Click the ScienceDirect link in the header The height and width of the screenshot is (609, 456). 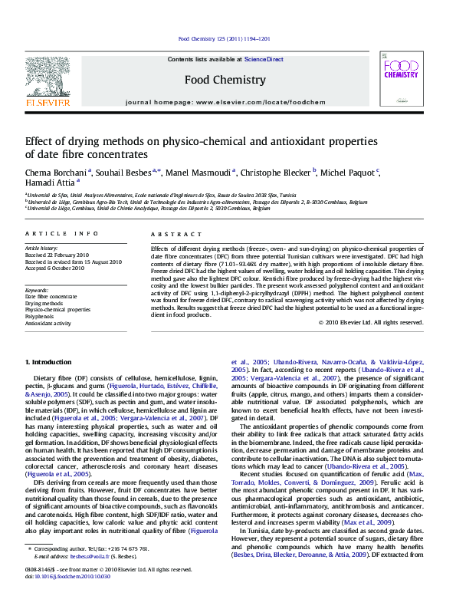pos(264,59)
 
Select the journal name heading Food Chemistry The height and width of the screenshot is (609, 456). pos(225,80)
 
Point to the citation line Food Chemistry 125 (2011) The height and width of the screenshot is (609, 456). pos(224,38)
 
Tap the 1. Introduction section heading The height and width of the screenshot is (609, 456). pos(50,361)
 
